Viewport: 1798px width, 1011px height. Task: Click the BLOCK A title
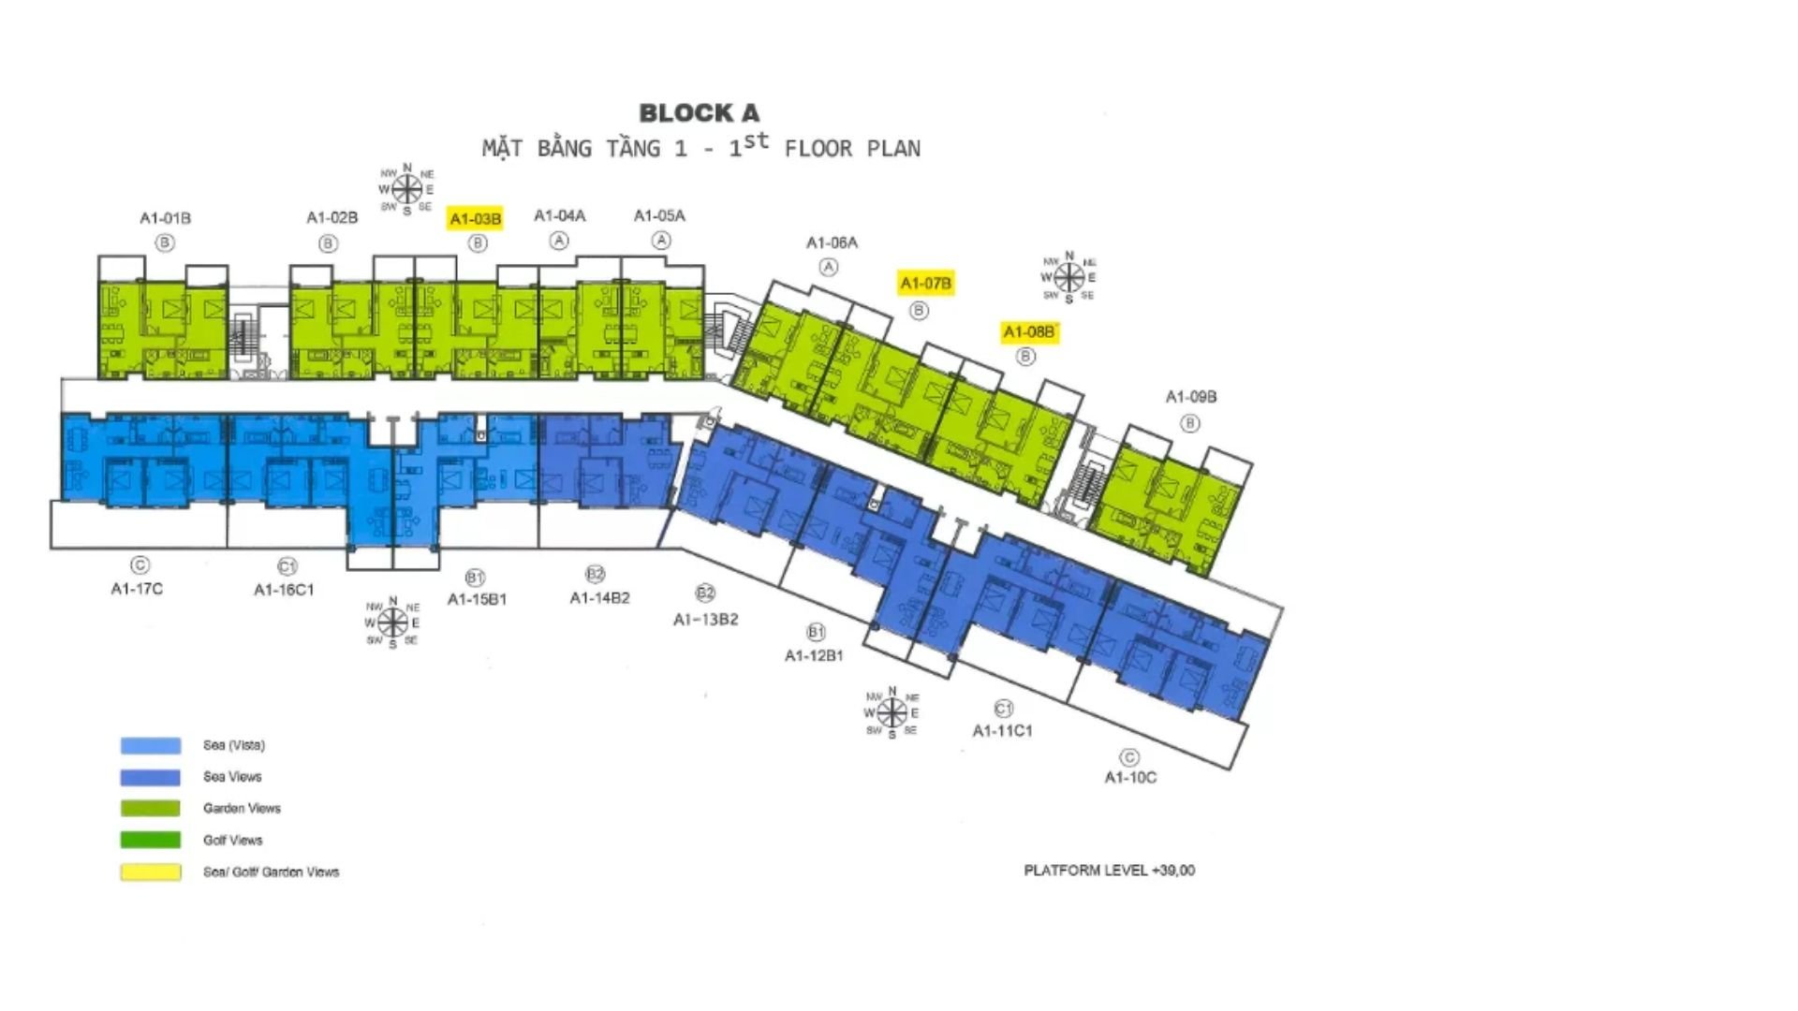click(x=699, y=113)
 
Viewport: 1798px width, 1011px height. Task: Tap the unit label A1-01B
click(x=166, y=218)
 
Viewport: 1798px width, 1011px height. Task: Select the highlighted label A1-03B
click(x=476, y=219)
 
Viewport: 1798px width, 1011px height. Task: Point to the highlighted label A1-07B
click(x=925, y=283)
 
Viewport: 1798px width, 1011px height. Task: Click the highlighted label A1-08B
click(x=1028, y=331)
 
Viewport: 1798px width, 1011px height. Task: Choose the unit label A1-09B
click(x=1190, y=397)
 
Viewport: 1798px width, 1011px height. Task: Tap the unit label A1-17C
click(x=137, y=589)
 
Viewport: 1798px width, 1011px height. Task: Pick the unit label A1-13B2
click(x=706, y=619)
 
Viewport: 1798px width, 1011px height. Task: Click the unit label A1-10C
click(x=1130, y=777)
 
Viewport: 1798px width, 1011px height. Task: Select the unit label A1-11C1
click(x=1002, y=730)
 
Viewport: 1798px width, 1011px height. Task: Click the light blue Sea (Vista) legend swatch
click(x=150, y=745)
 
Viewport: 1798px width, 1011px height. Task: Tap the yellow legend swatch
click(x=150, y=872)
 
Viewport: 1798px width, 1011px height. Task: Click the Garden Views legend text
click(x=242, y=808)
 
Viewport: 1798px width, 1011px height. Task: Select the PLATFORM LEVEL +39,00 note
click(x=1109, y=870)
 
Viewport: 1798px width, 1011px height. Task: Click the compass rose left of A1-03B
click(x=406, y=190)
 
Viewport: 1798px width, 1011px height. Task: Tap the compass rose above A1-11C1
click(x=892, y=713)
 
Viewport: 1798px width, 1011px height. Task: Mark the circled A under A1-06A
click(x=829, y=267)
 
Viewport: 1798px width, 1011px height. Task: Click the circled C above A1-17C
click(x=140, y=565)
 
